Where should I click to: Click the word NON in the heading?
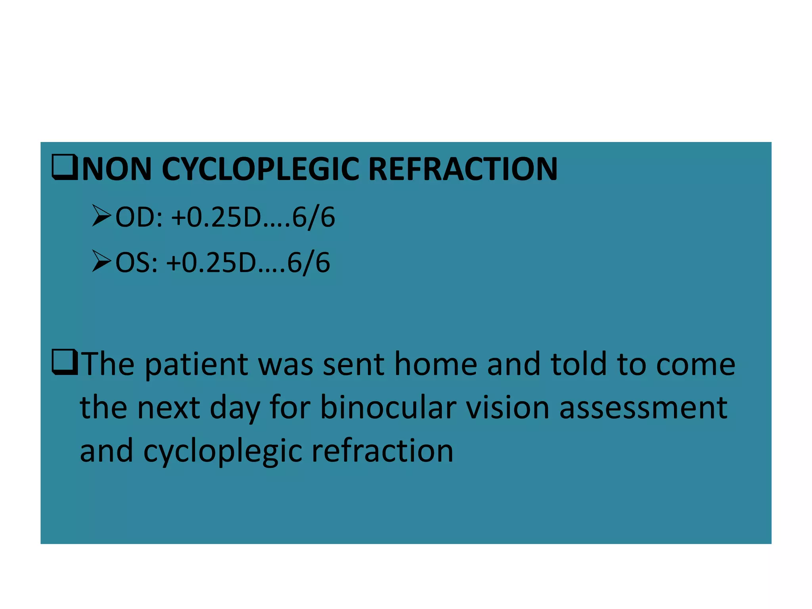117,169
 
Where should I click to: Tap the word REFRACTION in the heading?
463,169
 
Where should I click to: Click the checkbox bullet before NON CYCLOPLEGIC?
65,168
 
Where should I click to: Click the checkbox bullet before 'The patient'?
65,362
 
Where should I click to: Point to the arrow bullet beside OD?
101,216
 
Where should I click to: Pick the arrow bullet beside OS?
101,261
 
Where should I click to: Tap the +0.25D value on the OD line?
216,218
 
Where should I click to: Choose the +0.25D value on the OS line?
212,263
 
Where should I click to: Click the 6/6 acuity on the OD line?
314,218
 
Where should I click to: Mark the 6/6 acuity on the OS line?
309,263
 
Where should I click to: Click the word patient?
197,365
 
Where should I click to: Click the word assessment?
643,408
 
